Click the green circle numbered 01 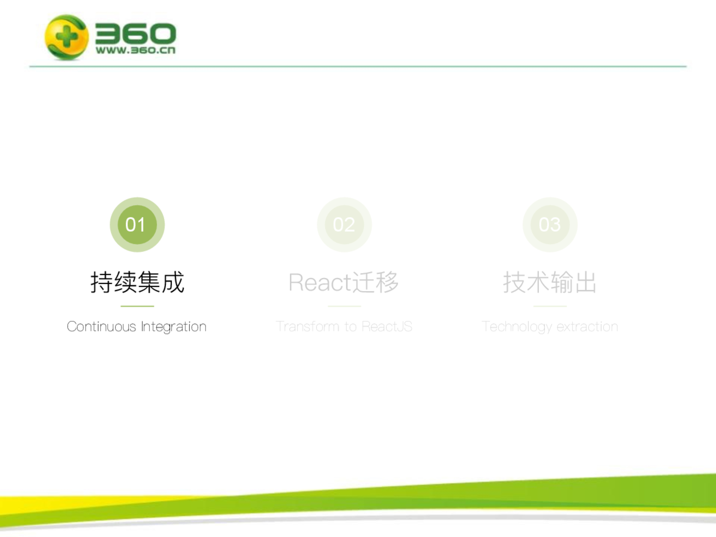click(x=137, y=225)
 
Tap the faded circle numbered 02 click(x=344, y=225)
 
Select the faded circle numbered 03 click(x=550, y=225)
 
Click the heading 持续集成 click(x=137, y=282)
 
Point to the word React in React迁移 click(x=320, y=283)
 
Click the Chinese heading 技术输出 click(x=550, y=282)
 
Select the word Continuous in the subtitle click(x=102, y=326)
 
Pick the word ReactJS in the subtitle click(x=387, y=326)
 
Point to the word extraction click(x=587, y=326)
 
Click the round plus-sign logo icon click(x=67, y=37)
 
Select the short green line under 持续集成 click(x=137, y=306)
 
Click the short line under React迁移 click(x=344, y=306)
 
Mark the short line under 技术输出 click(x=550, y=306)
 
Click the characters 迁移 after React click(x=375, y=282)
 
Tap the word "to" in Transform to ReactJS click(x=351, y=327)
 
